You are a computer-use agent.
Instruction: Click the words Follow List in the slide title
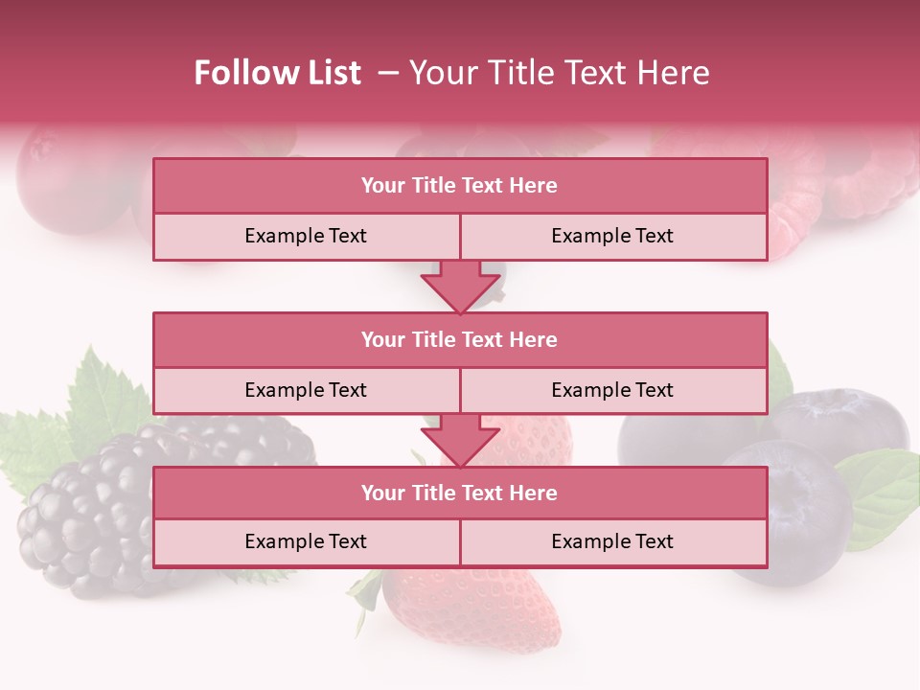click(278, 73)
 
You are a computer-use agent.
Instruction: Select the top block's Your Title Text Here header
click(459, 186)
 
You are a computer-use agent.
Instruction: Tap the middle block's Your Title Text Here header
click(459, 339)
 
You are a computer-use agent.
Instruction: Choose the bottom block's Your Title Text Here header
click(459, 493)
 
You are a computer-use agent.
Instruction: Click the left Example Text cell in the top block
click(306, 236)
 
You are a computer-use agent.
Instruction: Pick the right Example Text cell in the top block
click(612, 236)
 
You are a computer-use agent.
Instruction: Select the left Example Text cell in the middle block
click(306, 390)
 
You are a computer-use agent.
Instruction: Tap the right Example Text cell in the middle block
click(612, 390)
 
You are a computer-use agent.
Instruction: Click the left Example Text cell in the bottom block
click(306, 541)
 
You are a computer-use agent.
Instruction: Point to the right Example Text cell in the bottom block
click(612, 541)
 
